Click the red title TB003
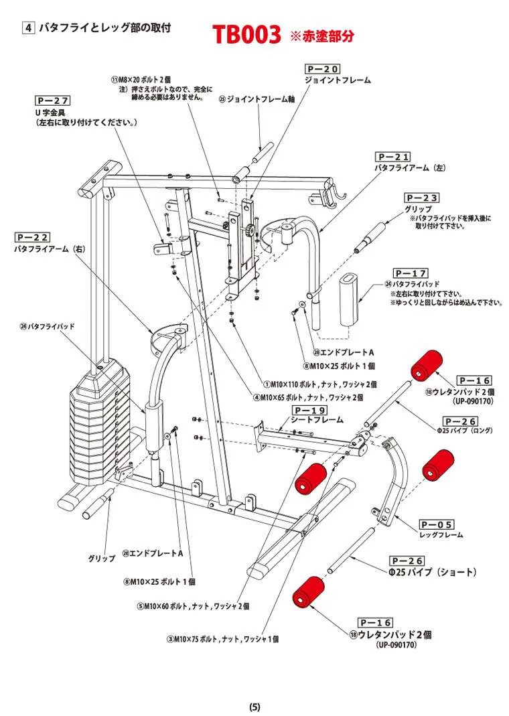(x=246, y=34)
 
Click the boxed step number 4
(x=29, y=27)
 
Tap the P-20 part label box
(x=322, y=69)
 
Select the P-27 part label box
(x=52, y=101)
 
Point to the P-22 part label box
(x=32, y=238)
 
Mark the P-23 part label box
(x=422, y=198)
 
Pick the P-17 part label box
(x=411, y=273)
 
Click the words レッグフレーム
(x=441, y=535)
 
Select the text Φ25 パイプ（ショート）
(x=433, y=572)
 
